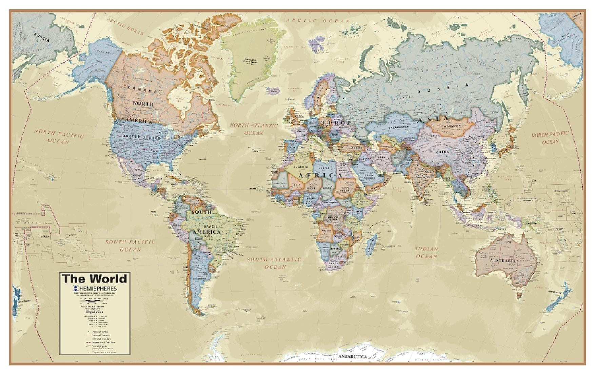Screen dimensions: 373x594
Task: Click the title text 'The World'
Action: coord(95,279)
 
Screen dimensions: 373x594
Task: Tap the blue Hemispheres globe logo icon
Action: coord(75,289)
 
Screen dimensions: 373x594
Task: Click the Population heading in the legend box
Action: coord(95,311)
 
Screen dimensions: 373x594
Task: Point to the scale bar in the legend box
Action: coord(95,301)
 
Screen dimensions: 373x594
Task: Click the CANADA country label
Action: coord(142,89)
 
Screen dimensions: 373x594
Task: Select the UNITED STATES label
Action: coord(141,137)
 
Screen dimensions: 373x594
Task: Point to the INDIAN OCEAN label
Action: coord(427,253)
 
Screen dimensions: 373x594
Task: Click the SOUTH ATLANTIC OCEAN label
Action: coord(274,263)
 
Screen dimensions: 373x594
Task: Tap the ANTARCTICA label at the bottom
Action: coord(353,357)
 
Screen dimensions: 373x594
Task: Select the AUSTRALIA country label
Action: coord(502,261)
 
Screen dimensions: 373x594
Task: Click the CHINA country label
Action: coord(442,152)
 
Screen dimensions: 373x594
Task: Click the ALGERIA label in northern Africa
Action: coord(301,167)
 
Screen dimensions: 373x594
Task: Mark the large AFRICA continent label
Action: coord(320,175)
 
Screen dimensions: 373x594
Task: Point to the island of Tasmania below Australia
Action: coord(518,296)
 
